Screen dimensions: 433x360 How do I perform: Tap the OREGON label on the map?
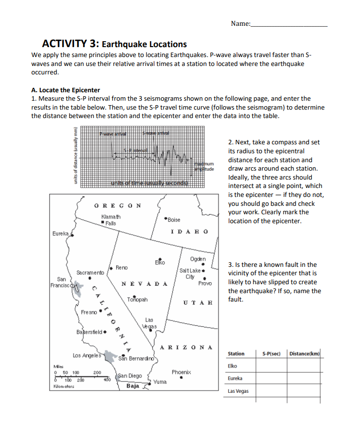[x=117, y=205]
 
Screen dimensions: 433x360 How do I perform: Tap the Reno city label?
[x=122, y=267]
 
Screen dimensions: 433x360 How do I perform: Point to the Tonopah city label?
[x=137, y=300]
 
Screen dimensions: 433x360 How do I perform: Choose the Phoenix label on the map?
[x=182, y=371]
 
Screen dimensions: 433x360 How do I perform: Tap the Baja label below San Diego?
[x=133, y=385]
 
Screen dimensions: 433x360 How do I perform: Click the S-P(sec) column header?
[x=271, y=353]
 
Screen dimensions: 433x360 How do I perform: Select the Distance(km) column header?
[x=305, y=353]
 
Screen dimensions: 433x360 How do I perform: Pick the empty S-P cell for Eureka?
[x=271, y=378]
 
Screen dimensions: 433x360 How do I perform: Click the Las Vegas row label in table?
[x=238, y=391]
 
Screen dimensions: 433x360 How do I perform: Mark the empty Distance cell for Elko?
[x=305, y=366]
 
